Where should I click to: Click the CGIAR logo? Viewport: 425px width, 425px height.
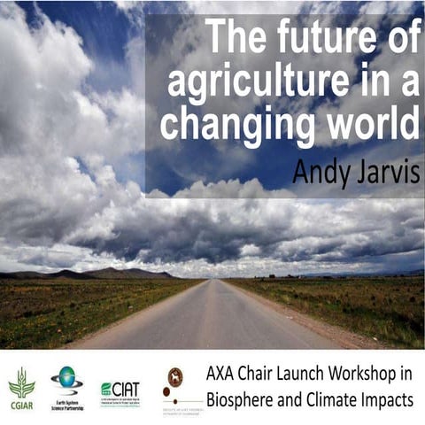point(21,386)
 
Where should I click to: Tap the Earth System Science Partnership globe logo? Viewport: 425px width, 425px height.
point(66,382)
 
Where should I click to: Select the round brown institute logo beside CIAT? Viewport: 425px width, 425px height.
point(175,377)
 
